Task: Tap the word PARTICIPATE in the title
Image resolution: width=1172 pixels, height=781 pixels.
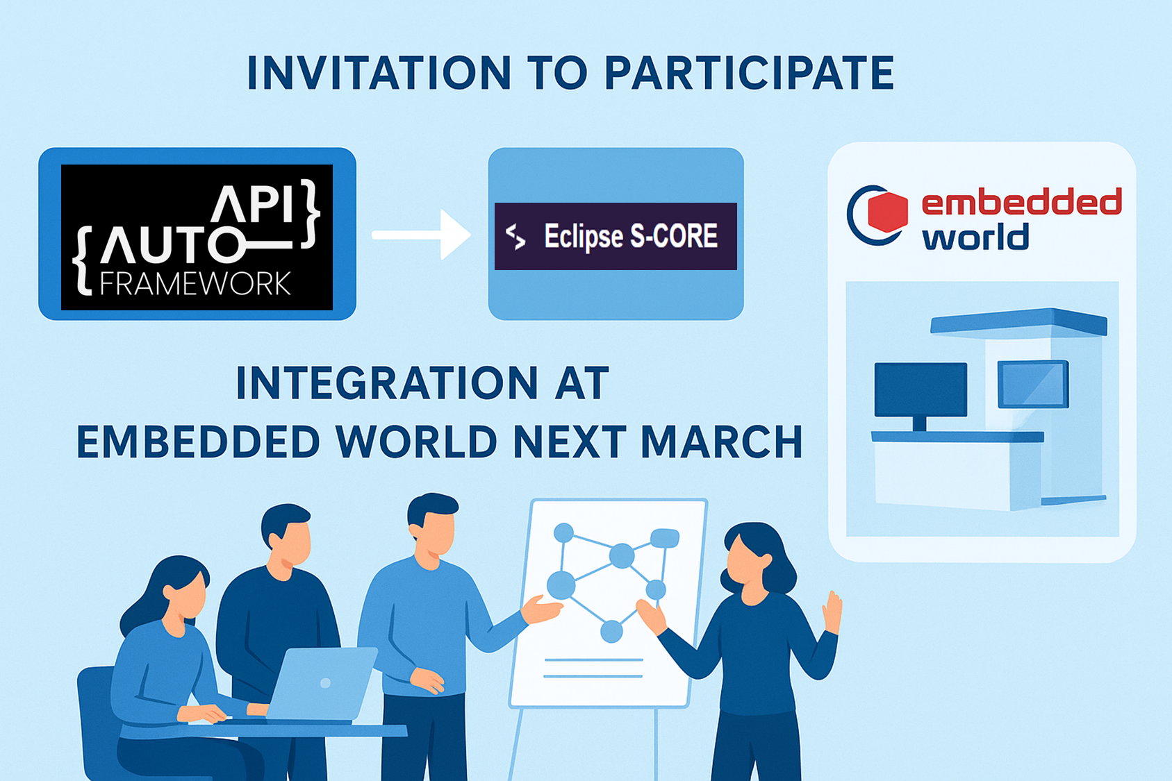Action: coord(749,73)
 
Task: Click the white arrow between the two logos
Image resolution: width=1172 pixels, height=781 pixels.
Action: coord(421,235)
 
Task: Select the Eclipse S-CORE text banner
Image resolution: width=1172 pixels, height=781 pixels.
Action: coord(616,236)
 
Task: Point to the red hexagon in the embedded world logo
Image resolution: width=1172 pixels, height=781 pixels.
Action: coord(887,212)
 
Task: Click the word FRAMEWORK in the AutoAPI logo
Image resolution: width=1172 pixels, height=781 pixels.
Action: coord(195,284)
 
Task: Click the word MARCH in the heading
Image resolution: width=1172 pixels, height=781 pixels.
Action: coord(722,442)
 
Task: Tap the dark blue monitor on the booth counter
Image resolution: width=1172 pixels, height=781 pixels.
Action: coord(921,396)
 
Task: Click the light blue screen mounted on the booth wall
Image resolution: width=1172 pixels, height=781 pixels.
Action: coord(1033,384)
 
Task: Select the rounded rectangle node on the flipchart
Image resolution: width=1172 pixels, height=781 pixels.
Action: coord(665,538)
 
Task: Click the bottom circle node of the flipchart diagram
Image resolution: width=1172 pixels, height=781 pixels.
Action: coord(611,632)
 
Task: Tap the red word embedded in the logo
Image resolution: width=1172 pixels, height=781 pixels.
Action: coord(1021,202)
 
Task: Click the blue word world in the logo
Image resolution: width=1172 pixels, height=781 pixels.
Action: coord(975,237)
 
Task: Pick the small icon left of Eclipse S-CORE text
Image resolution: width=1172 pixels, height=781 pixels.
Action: coord(516,236)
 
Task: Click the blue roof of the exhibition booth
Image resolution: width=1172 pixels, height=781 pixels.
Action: coord(1018,321)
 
